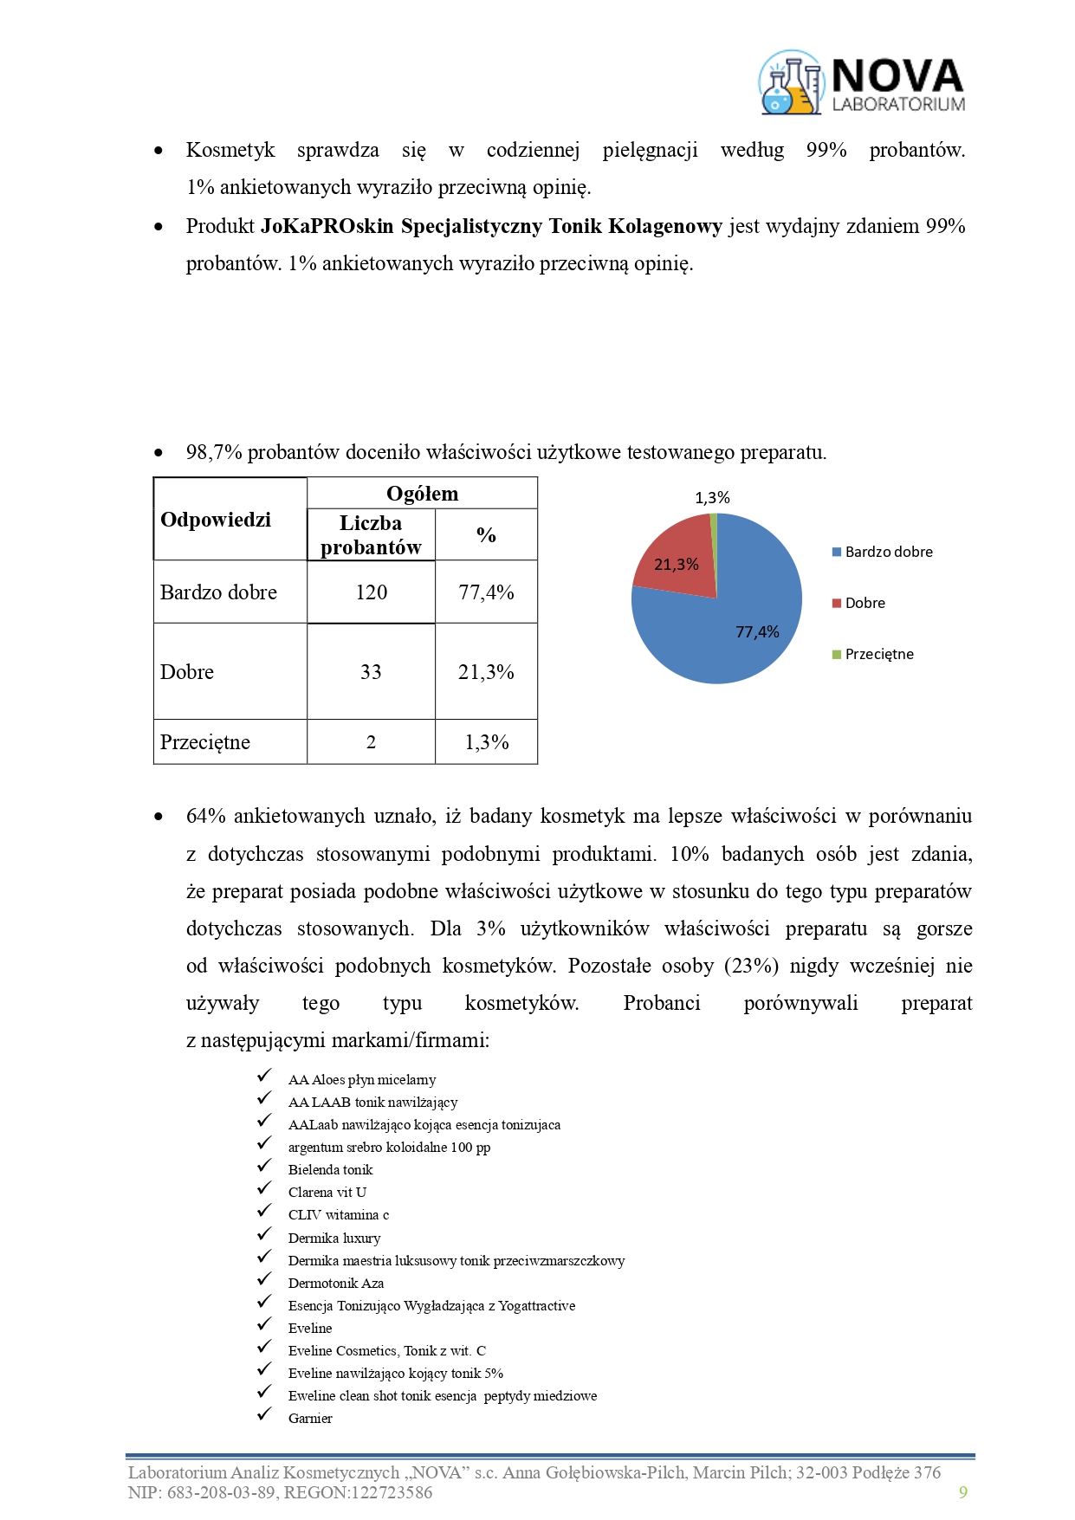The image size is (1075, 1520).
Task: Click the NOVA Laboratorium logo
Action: pos(861,83)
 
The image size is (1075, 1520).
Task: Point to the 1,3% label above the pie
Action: pos(712,498)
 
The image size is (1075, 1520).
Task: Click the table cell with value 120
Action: pos(371,592)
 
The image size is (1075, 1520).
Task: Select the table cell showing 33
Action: pos(371,672)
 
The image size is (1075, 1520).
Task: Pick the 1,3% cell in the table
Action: pos(486,742)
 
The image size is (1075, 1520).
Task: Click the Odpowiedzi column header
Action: pos(216,520)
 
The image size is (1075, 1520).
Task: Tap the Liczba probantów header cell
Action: pos(371,535)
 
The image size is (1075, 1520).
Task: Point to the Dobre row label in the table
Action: pos(187,672)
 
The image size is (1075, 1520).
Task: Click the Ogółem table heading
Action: pos(422,494)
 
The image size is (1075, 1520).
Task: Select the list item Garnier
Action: pos(310,1419)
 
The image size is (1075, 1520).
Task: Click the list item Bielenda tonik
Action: pos(330,1170)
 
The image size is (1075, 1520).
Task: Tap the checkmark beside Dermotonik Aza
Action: pos(264,1280)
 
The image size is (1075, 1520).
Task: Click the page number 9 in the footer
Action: pos(962,1492)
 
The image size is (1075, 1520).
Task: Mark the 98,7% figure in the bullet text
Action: pos(214,453)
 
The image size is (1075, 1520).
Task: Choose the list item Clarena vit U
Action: pos(327,1193)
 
